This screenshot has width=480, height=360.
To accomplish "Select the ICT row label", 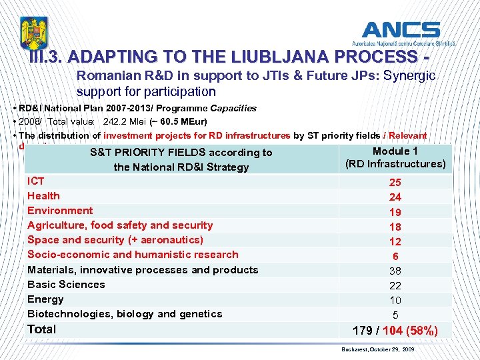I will pyautogui.click(x=36, y=181).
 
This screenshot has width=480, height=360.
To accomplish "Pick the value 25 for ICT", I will pyautogui.click(x=395, y=183).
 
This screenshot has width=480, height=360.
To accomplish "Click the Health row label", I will pyautogui.click(x=43, y=196).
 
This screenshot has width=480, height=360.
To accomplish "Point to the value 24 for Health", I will pyautogui.click(x=395, y=197).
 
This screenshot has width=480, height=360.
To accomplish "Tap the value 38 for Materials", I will pyautogui.click(x=395, y=271).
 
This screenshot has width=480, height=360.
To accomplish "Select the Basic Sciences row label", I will pyautogui.click(x=66, y=285).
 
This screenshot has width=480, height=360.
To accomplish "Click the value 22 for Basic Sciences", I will pyautogui.click(x=395, y=285).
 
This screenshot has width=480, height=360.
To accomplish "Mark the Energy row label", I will pyautogui.click(x=45, y=299).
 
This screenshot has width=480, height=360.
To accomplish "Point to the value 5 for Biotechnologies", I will pyautogui.click(x=395, y=315).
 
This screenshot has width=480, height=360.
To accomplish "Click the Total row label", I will pyautogui.click(x=41, y=329).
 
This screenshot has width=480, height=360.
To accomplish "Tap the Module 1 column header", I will pyautogui.click(x=395, y=151).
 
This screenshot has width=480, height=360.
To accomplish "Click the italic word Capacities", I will pyautogui.click(x=233, y=108).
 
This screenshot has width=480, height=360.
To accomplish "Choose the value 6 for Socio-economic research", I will pyautogui.click(x=395, y=256).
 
